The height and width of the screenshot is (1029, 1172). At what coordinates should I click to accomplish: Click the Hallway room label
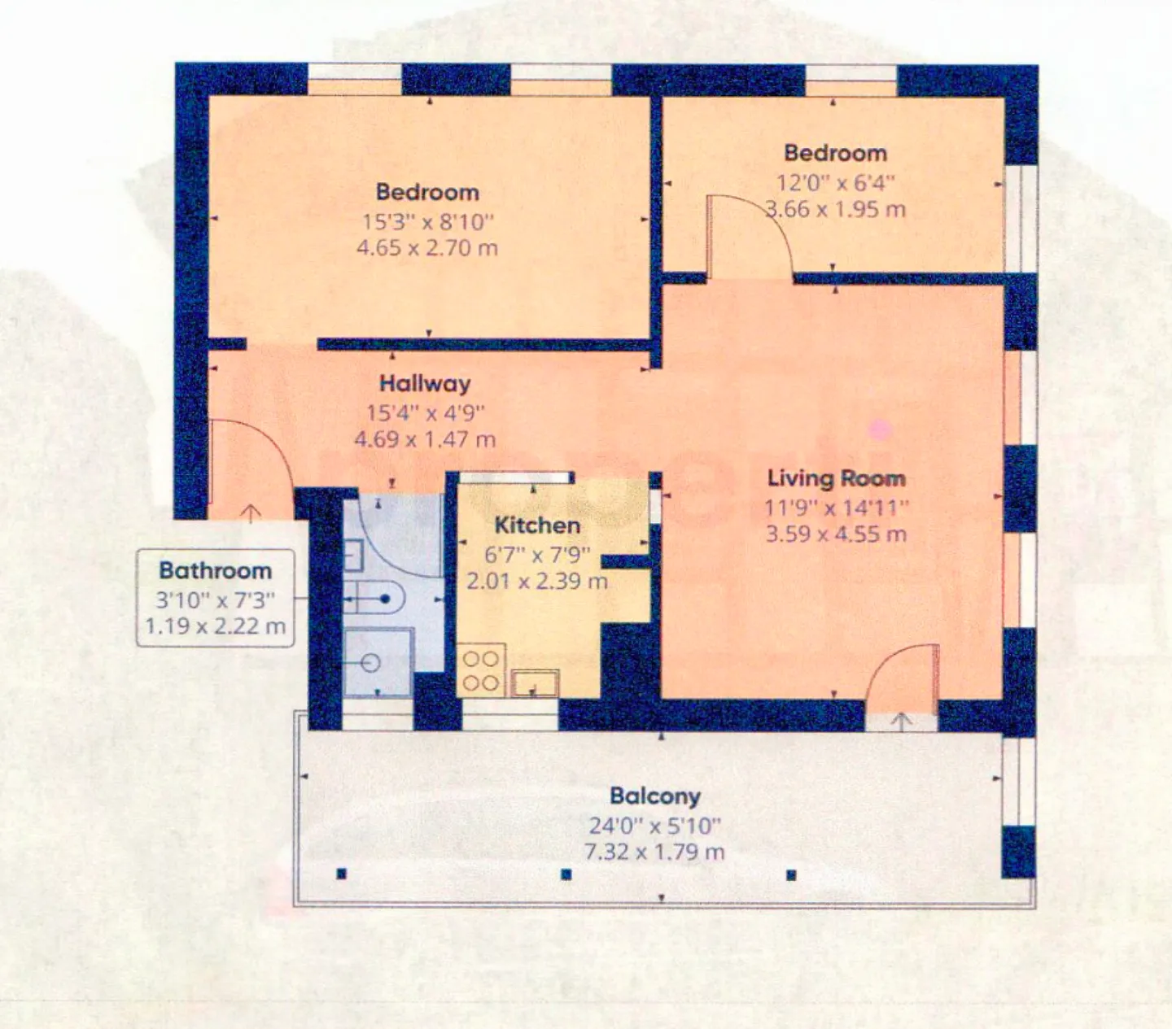[425, 383]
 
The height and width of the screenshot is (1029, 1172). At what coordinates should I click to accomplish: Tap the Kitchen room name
[537, 525]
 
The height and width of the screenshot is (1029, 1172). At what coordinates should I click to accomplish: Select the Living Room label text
[836, 478]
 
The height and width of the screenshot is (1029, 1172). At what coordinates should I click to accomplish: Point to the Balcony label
[654, 796]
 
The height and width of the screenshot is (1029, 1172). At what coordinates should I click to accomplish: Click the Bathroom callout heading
[215, 571]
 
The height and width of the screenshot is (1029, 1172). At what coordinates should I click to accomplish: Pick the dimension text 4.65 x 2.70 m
[426, 247]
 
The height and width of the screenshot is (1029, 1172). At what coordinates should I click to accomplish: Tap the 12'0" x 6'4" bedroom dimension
[835, 182]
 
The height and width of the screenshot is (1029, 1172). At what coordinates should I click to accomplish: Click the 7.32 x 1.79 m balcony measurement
[654, 852]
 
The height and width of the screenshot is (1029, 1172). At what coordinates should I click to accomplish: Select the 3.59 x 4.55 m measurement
[836, 534]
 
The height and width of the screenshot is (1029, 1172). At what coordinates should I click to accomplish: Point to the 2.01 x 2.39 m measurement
[536, 581]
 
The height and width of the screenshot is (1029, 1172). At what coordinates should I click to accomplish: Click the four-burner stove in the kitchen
[481, 670]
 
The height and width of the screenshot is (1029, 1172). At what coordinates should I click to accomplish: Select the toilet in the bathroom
[378, 600]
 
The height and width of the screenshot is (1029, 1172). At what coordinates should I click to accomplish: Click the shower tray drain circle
[371, 664]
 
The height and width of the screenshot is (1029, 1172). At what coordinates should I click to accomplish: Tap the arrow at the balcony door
[902, 721]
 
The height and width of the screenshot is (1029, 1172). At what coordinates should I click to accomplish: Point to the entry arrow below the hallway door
[251, 513]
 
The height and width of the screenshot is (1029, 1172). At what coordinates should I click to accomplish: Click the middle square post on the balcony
[566, 875]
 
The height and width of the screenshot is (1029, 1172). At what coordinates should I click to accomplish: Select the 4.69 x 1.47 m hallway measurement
[425, 440]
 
